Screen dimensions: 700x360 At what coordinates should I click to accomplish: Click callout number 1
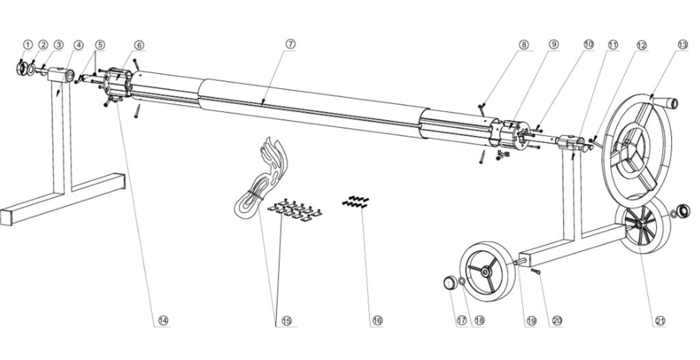tap(27, 44)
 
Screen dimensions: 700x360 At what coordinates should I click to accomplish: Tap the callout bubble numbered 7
tap(291, 44)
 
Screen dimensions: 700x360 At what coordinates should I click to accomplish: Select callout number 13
tap(683, 44)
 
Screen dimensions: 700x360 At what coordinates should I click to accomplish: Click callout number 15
tap(286, 320)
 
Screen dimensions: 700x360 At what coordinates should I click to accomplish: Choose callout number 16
tap(377, 320)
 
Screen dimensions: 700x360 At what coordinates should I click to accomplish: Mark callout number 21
tap(661, 320)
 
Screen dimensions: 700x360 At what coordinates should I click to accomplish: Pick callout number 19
tap(531, 320)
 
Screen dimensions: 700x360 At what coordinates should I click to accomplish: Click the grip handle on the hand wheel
tap(669, 104)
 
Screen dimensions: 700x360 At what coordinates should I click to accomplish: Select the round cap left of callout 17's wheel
tap(448, 282)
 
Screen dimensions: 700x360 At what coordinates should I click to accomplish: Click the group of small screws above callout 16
tap(355, 202)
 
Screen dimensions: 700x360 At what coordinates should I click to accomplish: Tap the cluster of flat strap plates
tap(295, 210)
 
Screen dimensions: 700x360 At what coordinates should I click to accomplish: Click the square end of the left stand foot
tap(7, 218)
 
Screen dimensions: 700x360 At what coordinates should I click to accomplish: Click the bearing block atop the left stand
tap(62, 75)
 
